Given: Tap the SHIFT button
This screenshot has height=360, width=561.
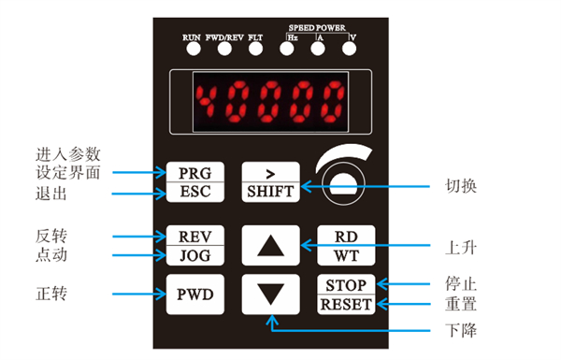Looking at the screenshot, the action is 270,181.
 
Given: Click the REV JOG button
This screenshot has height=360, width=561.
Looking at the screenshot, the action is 195,246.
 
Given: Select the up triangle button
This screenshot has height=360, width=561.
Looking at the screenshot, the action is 270,246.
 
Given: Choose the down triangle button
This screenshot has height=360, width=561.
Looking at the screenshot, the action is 270,295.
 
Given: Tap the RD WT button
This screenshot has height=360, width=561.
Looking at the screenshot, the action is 346,246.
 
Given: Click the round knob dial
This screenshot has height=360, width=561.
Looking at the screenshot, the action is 343,183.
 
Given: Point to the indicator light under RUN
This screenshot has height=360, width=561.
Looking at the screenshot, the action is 194,49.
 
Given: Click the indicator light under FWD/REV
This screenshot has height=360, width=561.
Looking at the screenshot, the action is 224,49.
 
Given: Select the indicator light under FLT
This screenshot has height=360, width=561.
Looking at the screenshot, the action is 255,49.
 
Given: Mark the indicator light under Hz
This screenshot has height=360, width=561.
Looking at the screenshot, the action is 287,49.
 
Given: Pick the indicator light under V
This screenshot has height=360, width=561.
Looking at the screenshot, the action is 349,49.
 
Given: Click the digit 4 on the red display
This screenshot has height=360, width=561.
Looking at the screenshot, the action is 207,101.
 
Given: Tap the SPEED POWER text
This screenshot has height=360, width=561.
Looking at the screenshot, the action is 317,28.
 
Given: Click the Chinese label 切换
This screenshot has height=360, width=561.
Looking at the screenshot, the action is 461,186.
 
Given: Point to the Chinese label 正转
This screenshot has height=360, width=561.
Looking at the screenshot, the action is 51,294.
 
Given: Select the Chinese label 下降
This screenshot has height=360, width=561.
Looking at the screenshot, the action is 461,330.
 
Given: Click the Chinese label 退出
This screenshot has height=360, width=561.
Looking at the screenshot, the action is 51,194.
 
